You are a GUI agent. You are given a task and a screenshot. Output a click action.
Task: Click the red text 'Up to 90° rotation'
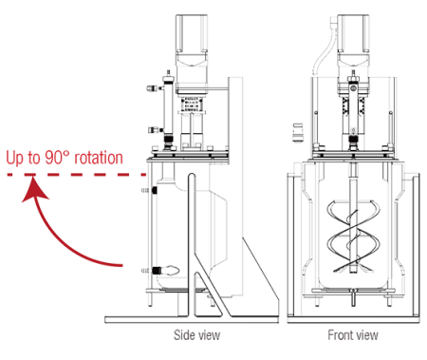(x=65, y=158)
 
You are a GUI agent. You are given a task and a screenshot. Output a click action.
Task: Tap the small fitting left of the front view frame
(x=298, y=124)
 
